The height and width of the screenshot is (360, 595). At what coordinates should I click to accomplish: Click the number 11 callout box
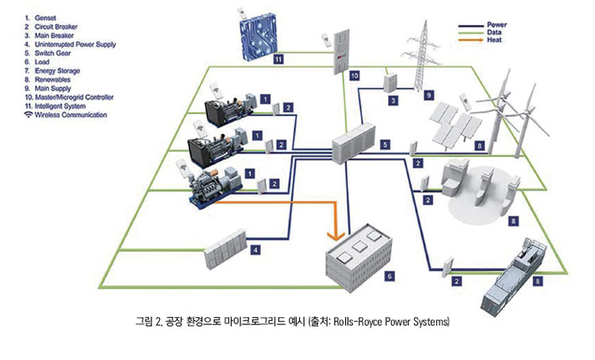(x=278, y=59)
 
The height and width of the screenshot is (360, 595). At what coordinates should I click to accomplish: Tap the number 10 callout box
(x=354, y=76)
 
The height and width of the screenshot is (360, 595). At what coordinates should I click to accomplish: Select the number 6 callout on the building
(x=389, y=275)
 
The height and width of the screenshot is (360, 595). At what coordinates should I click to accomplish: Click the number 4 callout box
(x=255, y=250)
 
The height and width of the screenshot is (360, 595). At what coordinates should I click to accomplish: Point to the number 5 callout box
(x=385, y=145)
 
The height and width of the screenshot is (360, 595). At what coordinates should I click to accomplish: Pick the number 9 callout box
(x=428, y=95)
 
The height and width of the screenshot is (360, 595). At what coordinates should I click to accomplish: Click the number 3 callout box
(x=392, y=101)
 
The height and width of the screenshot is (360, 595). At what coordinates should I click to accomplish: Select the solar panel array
(x=453, y=121)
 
